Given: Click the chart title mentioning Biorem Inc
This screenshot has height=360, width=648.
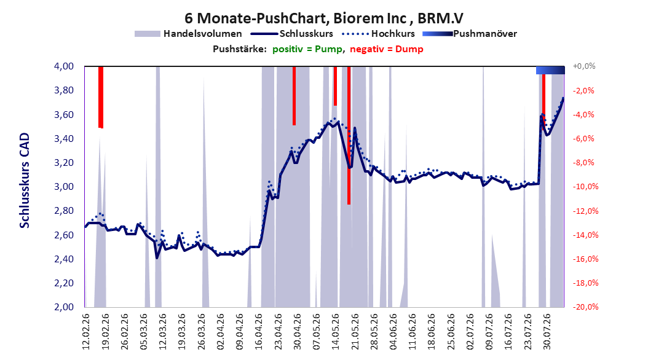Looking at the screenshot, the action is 323,18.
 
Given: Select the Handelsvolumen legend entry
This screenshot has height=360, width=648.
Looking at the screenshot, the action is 188,34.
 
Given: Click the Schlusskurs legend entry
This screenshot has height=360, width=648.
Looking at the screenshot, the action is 292,34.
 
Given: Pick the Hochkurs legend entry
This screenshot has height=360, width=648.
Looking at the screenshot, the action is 378,34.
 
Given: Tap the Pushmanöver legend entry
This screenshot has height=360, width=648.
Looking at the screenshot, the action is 470,34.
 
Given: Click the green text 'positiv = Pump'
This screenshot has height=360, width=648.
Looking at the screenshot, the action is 307,49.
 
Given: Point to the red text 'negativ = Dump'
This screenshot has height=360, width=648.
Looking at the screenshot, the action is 387,49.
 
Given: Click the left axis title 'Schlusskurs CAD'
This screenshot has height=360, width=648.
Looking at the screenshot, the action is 25,181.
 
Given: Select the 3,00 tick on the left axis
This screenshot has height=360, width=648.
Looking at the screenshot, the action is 64,187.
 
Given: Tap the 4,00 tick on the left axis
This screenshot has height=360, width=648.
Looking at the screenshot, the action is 64,66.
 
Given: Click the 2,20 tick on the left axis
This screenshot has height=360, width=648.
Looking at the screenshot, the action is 64,283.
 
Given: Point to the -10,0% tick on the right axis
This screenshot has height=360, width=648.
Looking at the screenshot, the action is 585,187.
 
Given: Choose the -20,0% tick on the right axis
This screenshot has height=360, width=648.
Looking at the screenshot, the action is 585,307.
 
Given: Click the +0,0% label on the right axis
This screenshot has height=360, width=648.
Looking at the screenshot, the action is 584,66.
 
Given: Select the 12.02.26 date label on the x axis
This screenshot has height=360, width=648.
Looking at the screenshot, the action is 86,332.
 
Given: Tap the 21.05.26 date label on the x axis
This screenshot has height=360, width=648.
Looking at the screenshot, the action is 355,332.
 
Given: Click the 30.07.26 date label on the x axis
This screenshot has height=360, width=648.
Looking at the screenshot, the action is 547,332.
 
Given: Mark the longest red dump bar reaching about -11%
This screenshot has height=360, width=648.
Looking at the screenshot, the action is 349,135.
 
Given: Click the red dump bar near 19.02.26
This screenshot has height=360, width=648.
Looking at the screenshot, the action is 100,97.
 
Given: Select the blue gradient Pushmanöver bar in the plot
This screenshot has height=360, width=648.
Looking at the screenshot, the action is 550,70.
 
